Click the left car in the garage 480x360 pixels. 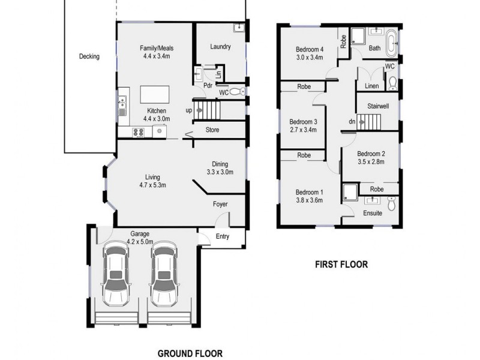(x=116, y=274)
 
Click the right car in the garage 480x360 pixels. (x=164, y=274)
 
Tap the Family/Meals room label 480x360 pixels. (x=155, y=48)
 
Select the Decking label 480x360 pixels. (x=89, y=57)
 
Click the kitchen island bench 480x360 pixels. (x=155, y=95)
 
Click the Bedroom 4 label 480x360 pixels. (x=310, y=49)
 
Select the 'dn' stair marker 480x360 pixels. (x=353, y=123)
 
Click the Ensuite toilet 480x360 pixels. (x=391, y=205)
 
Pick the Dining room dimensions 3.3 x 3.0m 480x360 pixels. (x=216, y=172)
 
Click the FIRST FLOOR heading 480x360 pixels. (x=341, y=264)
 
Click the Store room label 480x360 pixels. (x=212, y=130)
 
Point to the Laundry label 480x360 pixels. (x=220, y=47)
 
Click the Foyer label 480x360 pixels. (x=220, y=205)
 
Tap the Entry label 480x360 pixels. (x=223, y=236)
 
